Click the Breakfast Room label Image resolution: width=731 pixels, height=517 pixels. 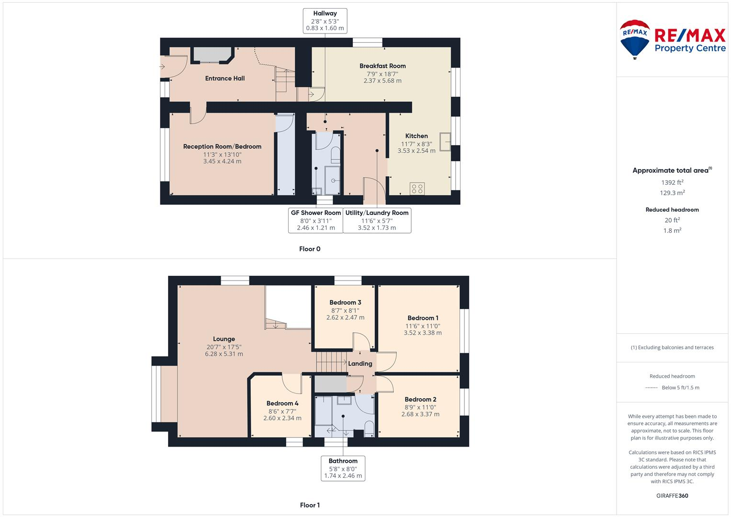point(382,66)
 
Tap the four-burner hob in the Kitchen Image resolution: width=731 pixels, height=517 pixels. point(417,188)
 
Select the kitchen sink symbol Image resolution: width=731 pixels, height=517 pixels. point(445,142)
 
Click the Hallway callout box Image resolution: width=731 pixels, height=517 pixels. point(325,21)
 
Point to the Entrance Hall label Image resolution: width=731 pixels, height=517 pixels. point(225,79)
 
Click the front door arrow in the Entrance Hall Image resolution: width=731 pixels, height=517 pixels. point(162,67)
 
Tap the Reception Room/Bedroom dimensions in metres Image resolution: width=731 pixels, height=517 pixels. point(222,161)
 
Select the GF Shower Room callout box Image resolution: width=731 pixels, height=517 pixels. point(315,220)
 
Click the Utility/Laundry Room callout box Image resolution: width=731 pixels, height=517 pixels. point(377,220)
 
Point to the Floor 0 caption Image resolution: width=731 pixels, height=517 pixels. point(310,249)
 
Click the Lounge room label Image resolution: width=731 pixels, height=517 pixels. point(224,339)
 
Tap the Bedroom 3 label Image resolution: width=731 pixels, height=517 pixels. point(345,303)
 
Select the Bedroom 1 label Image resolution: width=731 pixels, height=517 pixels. point(423,318)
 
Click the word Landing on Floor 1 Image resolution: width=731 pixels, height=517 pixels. point(360,364)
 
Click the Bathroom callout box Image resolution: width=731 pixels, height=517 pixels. point(343,468)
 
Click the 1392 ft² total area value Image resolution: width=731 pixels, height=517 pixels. point(672,182)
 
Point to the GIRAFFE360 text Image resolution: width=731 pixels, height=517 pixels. point(672,495)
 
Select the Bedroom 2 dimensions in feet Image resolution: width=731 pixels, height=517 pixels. point(421,407)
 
